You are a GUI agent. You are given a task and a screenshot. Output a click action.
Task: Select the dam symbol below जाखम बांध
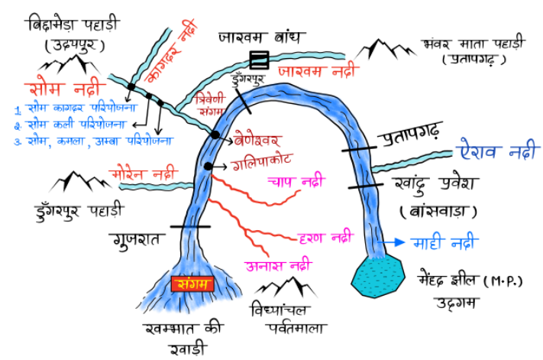click(x=260, y=58)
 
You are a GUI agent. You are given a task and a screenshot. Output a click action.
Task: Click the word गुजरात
click(x=136, y=240)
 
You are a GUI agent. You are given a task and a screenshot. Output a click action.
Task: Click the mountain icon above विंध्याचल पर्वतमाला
click(x=284, y=288)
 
